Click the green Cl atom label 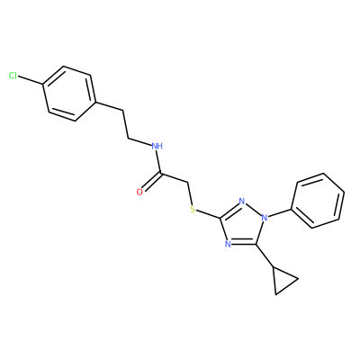13,76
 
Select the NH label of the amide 157,147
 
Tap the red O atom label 139,192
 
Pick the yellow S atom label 193,209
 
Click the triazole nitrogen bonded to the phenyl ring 264,218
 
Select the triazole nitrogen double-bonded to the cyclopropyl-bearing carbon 228,243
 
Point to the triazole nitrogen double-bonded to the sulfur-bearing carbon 242,201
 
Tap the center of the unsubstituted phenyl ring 318,201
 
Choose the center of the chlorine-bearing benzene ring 70,94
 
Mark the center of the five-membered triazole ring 242,225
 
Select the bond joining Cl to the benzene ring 31,80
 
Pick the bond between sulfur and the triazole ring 209,213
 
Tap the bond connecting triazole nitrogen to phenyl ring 280,212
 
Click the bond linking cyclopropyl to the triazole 265,256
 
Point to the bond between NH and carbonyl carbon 159,162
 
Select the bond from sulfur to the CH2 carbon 190,193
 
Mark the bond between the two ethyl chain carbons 126,125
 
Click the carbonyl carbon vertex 161,174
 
